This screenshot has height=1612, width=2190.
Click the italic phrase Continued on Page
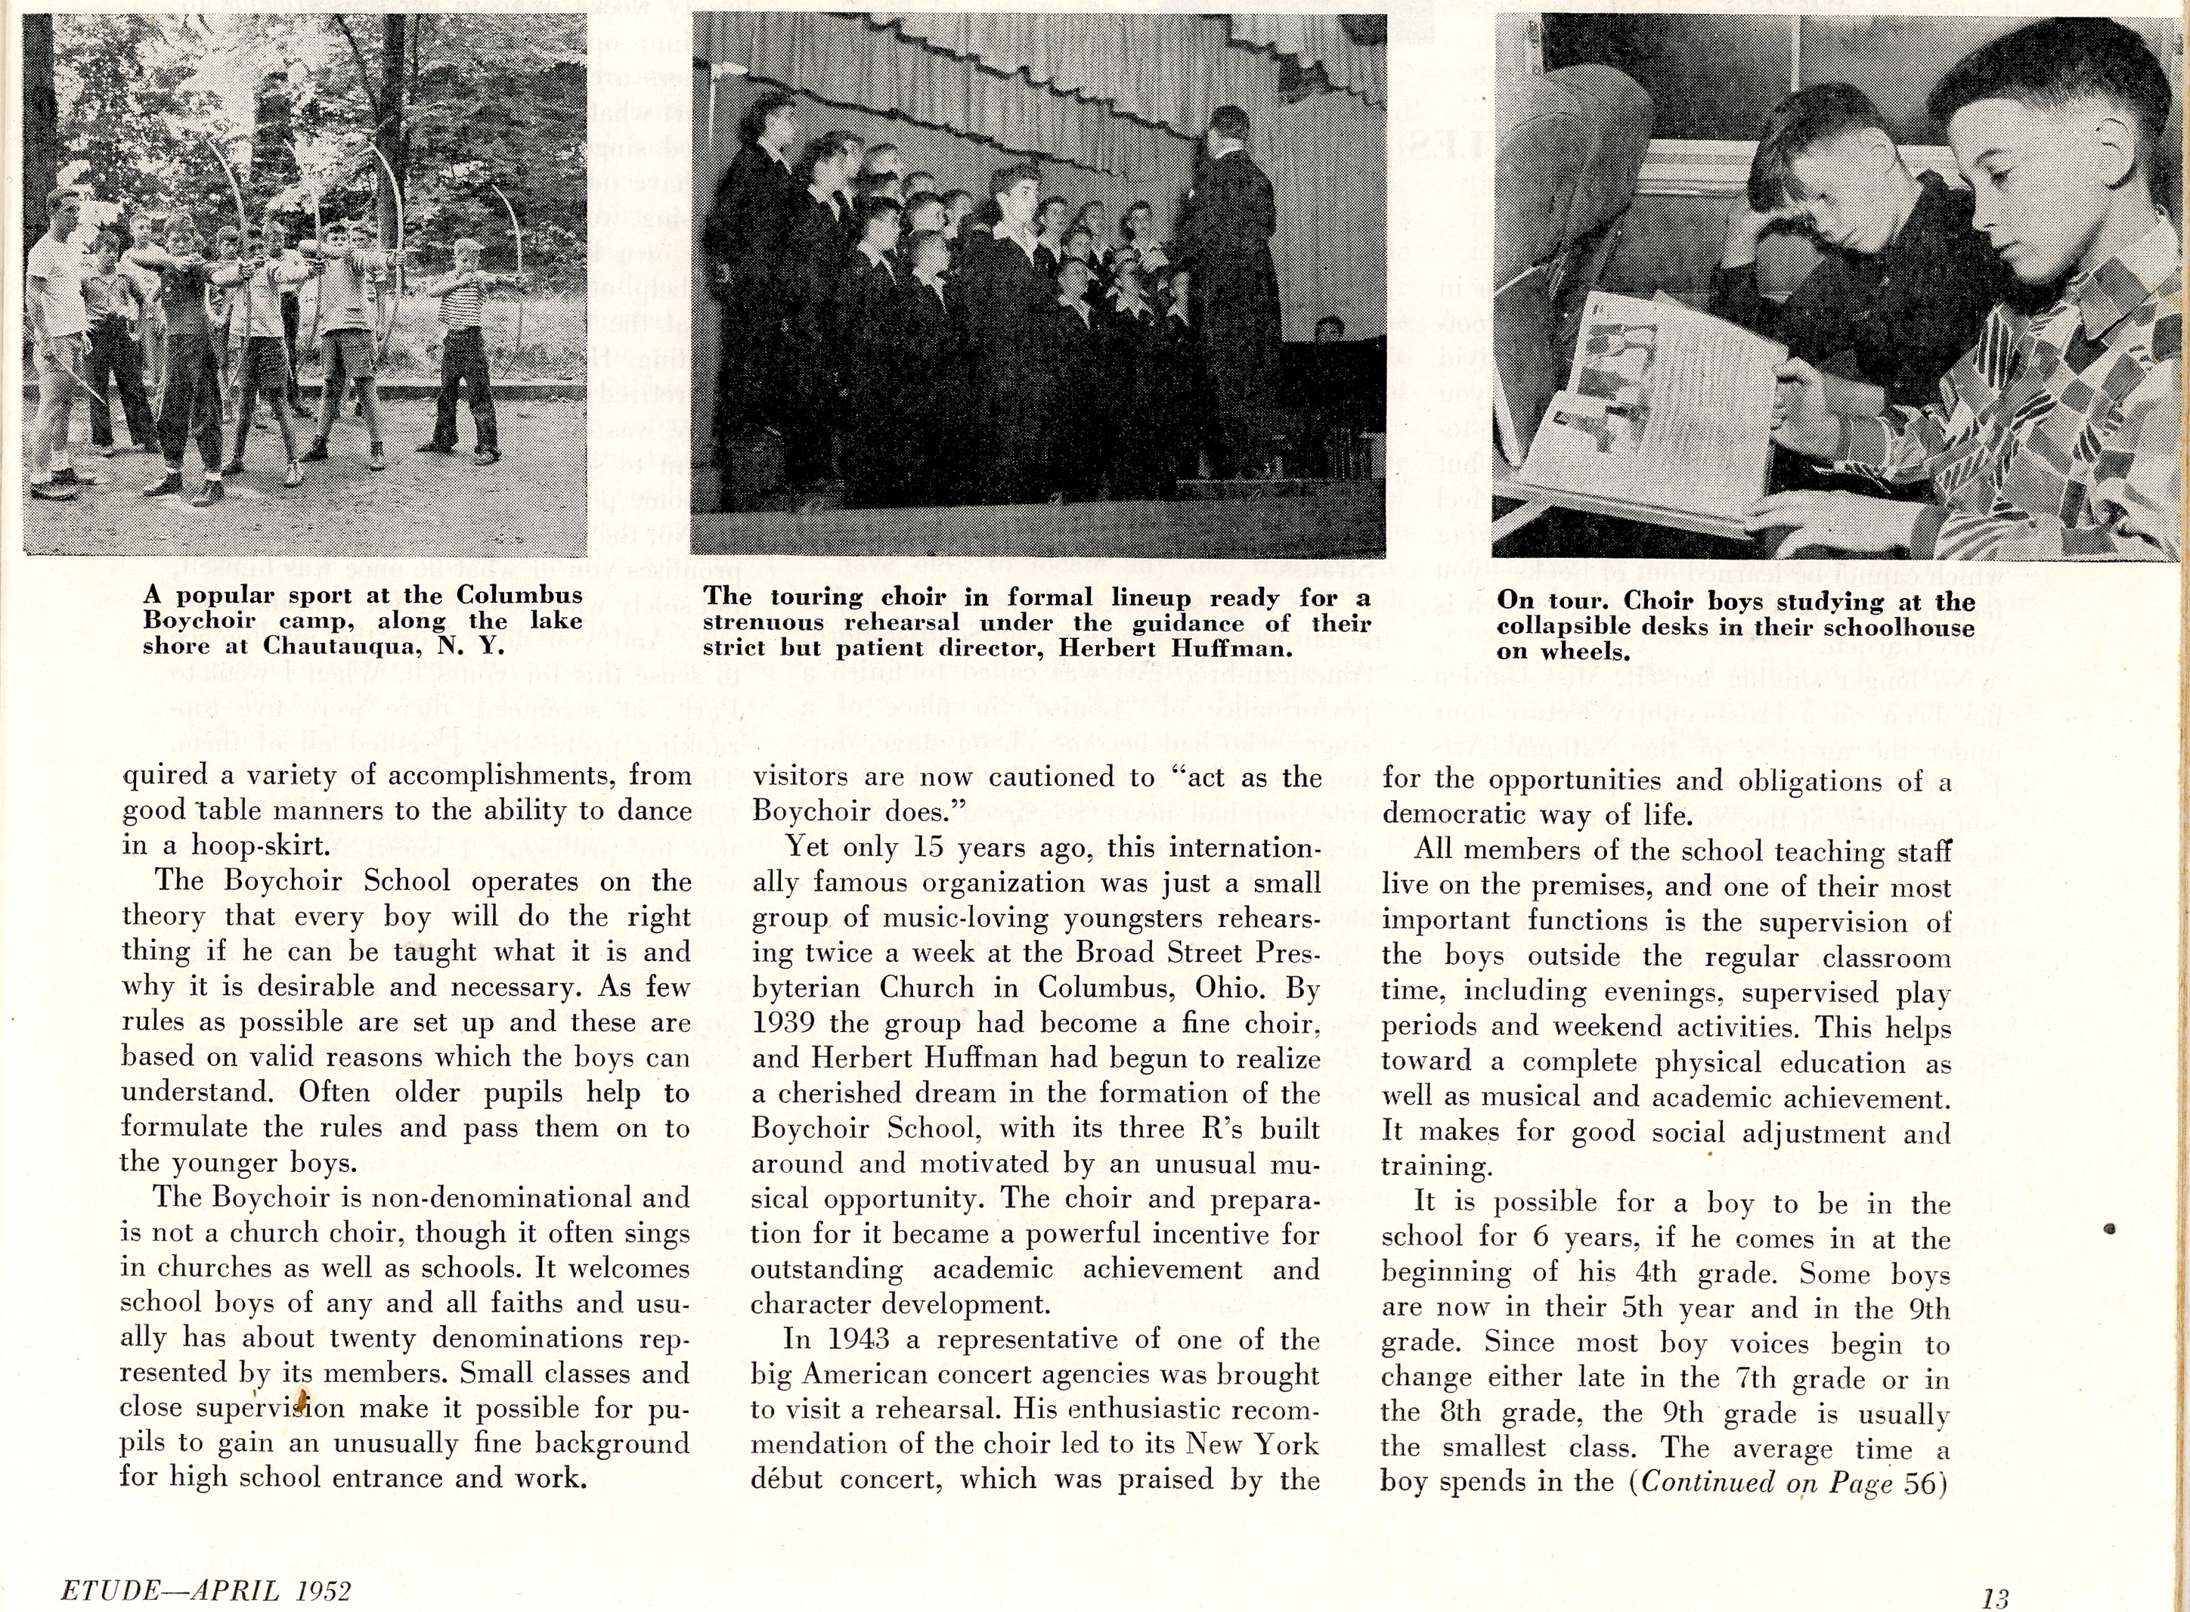1767,1481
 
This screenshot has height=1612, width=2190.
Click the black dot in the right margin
2109,1229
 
